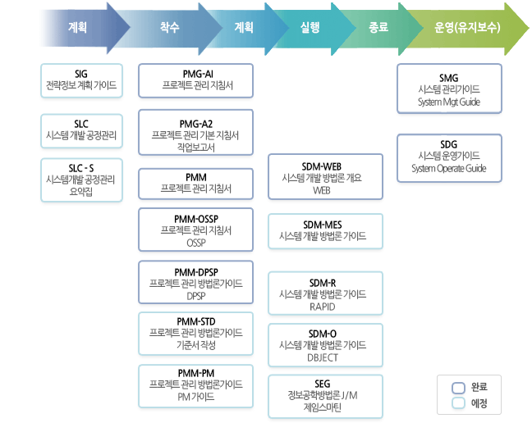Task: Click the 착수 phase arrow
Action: [x=171, y=27]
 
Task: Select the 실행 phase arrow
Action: [x=311, y=27]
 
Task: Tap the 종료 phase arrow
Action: [x=378, y=27]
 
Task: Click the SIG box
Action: [x=81, y=80]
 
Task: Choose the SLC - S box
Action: [x=81, y=179]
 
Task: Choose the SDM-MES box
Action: [x=325, y=230]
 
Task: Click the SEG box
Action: [x=325, y=395]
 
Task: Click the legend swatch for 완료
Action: [x=459, y=387]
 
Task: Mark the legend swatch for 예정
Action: [x=459, y=403]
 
